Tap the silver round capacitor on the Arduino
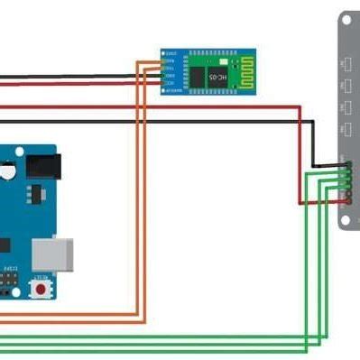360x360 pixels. click(7, 169)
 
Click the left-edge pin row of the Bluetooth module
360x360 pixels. click(165, 70)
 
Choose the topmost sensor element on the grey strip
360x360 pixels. click(346, 64)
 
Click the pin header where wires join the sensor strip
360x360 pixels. click(346, 180)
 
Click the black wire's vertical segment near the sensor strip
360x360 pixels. click(313, 143)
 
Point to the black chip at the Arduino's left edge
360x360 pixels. click(4, 244)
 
